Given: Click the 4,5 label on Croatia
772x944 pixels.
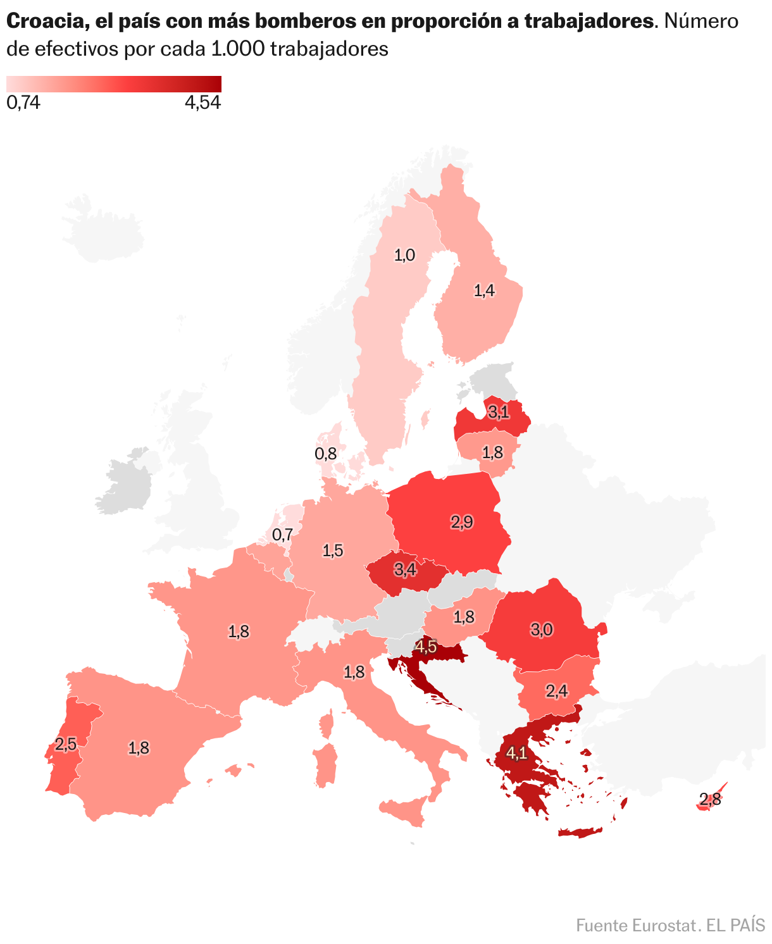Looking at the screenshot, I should (x=425, y=647).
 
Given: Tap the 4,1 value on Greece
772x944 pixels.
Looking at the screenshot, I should (x=516, y=753).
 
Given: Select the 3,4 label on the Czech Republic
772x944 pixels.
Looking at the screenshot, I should (x=405, y=569).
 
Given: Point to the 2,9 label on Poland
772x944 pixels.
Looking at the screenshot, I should (x=461, y=522).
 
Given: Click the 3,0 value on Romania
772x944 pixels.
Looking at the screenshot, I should (x=542, y=630).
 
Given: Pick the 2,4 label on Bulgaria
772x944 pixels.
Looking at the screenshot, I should (x=556, y=692).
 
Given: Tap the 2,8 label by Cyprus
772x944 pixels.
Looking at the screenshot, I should (x=711, y=799).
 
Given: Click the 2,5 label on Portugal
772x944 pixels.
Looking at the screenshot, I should (x=66, y=744).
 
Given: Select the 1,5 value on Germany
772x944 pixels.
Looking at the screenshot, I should (x=333, y=550).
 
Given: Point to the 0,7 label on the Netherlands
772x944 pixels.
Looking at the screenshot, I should (x=282, y=535).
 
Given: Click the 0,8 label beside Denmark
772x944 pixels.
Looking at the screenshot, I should (x=325, y=453).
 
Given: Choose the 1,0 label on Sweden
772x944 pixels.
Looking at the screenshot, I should (x=405, y=255).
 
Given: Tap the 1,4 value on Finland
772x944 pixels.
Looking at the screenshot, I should (x=485, y=290).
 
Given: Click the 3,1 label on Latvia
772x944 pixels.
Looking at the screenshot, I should (x=499, y=413).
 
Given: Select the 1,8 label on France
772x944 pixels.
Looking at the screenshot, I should (x=239, y=631).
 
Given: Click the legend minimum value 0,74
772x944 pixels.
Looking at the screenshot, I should (x=23, y=103).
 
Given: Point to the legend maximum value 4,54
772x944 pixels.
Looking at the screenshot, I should (x=202, y=103).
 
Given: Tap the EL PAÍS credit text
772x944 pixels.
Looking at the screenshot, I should (x=735, y=925).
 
